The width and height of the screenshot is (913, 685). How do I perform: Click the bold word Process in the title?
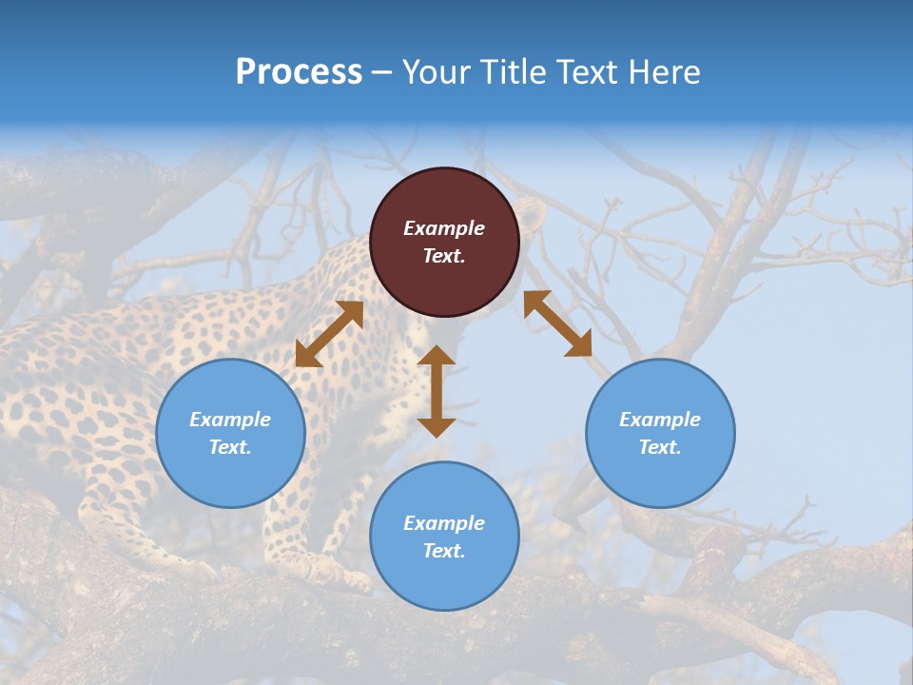(299, 72)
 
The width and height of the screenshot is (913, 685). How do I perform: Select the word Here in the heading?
(664, 72)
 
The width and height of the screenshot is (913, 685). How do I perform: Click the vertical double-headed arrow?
(437, 391)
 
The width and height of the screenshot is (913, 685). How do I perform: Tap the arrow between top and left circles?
(329, 334)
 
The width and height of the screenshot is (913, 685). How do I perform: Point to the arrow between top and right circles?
(558, 323)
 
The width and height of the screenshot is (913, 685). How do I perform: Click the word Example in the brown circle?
(444, 228)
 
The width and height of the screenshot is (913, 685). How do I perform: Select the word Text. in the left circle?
(230, 447)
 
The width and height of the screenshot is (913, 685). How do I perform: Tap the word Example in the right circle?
(660, 420)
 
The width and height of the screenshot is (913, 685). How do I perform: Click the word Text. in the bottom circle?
(444, 551)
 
